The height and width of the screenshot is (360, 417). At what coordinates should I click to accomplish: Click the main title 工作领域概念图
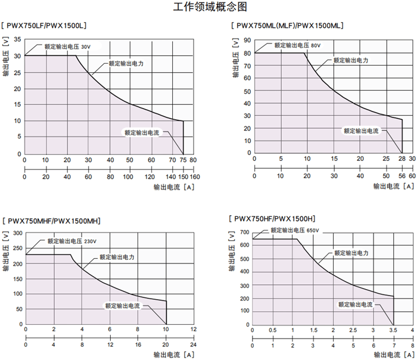point(208,7)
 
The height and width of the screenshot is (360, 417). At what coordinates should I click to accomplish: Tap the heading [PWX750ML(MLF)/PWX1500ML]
point(288,26)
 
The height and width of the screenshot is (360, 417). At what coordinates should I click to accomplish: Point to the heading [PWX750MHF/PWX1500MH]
point(52,221)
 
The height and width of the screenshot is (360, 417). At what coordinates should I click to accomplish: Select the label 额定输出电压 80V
point(297,45)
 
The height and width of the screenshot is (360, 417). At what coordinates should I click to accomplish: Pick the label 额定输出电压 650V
point(295,230)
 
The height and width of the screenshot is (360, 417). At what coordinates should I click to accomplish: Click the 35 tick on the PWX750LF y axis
point(17,39)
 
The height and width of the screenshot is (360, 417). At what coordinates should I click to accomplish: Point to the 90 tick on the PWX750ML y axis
point(247,40)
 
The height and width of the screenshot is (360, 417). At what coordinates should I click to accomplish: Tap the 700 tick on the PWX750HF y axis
point(244,232)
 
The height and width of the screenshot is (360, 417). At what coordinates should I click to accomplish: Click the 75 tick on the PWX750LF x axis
point(183,160)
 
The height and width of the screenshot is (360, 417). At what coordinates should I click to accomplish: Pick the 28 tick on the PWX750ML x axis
point(402,159)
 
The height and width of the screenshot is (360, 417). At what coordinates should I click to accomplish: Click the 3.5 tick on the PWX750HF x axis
point(393,330)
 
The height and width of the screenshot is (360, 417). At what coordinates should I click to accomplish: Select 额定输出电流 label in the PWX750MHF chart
point(122,306)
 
